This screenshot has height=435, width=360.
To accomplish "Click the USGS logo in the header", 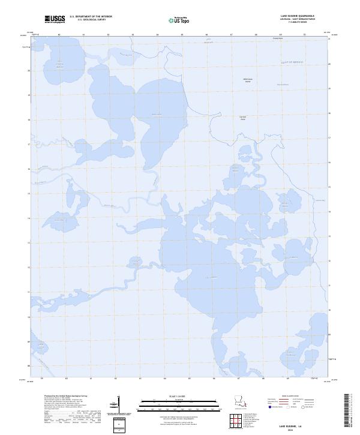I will (x=55, y=19).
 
